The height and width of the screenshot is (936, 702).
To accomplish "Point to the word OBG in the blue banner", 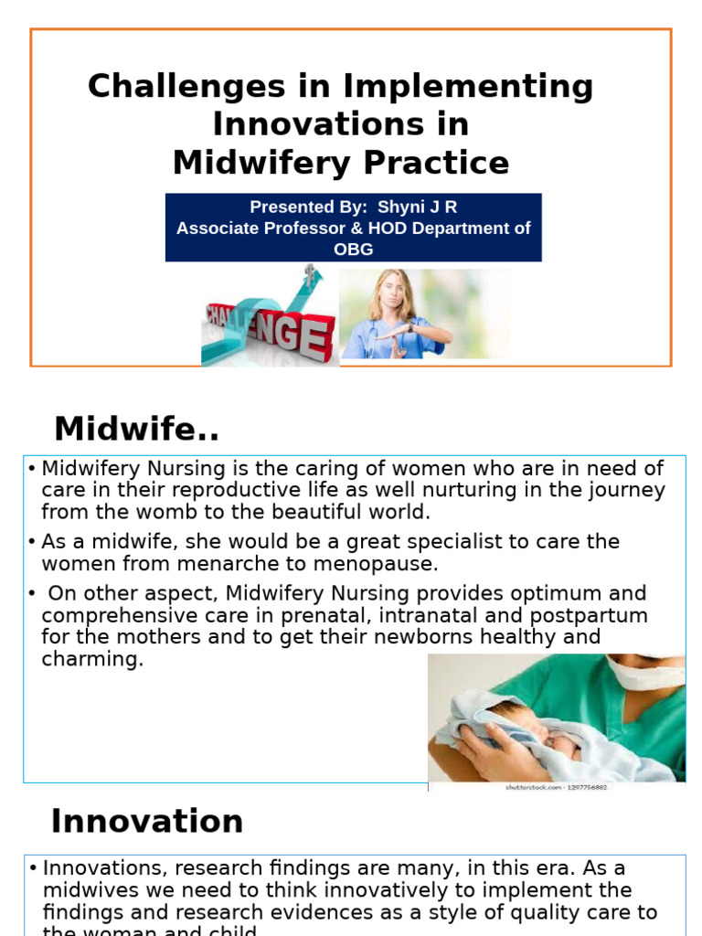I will [x=354, y=249].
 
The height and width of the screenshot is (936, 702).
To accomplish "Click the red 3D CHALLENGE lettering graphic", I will [x=274, y=334].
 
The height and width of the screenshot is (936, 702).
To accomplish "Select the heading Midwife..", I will [x=136, y=428].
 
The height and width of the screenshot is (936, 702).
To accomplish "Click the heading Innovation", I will [x=147, y=821].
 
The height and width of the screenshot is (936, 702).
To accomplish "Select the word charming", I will [x=92, y=659].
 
